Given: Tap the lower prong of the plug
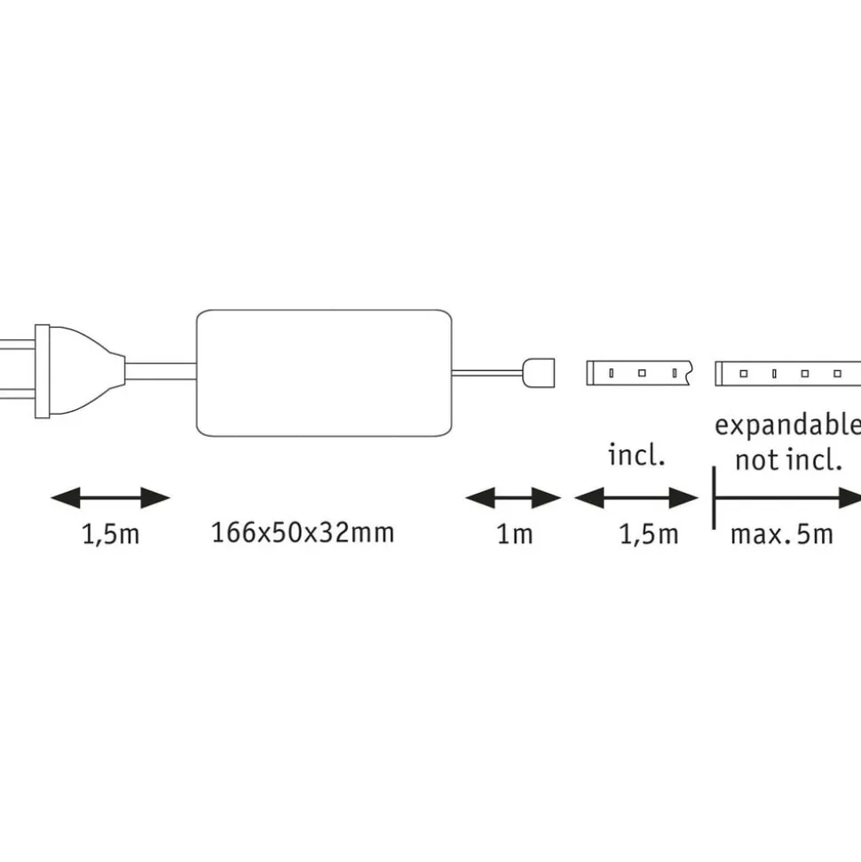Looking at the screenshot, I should pyautogui.click(x=16, y=395).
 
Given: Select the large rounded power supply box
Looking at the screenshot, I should pyautogui.click(x=323, y=373).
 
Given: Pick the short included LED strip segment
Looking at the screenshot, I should pyautogui.click(x=638, y=372).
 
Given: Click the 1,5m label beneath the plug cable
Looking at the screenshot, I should pyautogui.click(x=110, y=534).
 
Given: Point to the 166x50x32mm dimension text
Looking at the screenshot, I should pyautogui.click(x=302, y=533).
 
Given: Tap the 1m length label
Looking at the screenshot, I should pyautogui.click(x=514, y=534).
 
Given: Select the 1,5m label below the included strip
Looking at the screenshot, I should pyautogui.click(x=648, y=534).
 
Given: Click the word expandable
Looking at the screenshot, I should pyautogui.click(x=787, y=425).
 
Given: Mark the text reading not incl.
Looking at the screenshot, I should pyautogui.click(x=787, y=460).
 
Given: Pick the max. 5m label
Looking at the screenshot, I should pyautogui.click(x=781, y=534).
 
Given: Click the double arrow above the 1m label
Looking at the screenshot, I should pyautogui.click(x=513, y=498).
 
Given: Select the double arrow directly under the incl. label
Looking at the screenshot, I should pyautogui.click(x=636, y=498).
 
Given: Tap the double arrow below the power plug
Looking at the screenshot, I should pyautogui.click(x=110, y=498).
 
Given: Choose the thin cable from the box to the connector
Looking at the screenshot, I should pyautogui.click(x=488, y=372).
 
